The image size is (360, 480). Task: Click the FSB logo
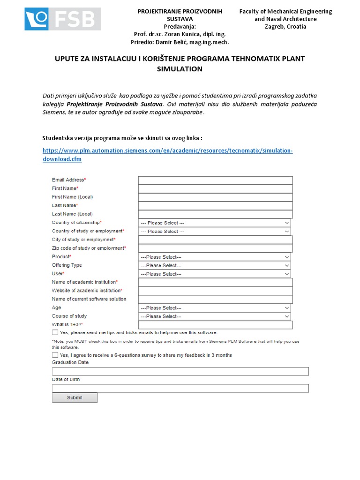[63, 19]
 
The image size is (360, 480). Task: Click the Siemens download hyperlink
[167, 155]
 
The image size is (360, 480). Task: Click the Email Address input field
[215, 180]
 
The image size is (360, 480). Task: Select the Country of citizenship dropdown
[214, 223]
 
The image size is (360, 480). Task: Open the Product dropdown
[214, 257]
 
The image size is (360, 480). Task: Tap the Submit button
[75, 397]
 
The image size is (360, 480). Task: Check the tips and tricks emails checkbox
[55, 332]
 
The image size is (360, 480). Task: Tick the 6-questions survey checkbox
[55, 355]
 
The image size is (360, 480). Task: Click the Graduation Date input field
[180, 371]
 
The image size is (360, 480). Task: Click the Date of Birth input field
[180, 388]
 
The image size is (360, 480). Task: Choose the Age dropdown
[214, 308]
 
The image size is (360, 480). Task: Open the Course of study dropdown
[214, 316]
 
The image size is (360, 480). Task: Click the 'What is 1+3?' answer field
[215, 325]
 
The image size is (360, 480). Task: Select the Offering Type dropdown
[214, 265]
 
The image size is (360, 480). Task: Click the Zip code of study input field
[215, 248]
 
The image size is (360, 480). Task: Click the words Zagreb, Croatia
[285, 27]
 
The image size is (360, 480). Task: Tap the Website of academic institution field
[215, 291]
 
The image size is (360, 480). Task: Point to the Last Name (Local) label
[72, 214]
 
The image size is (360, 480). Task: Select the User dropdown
[214, 274]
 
